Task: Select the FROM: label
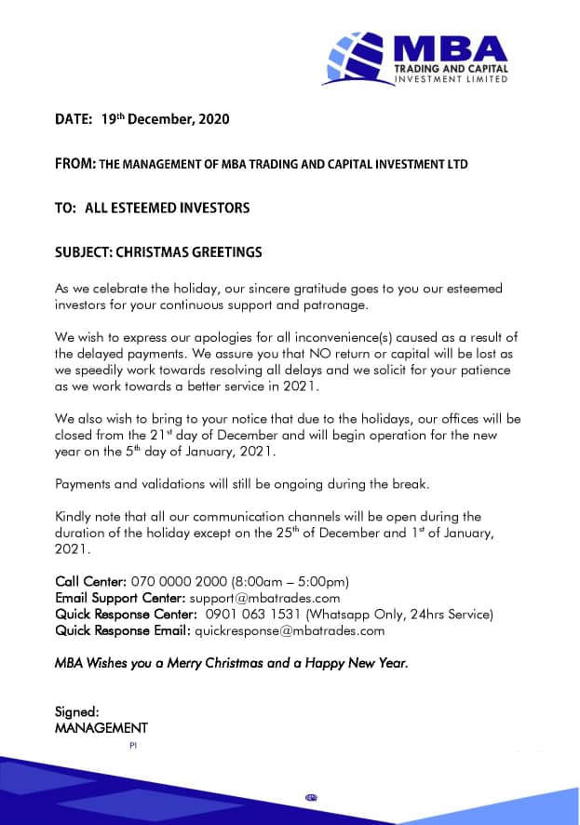coord(75,164)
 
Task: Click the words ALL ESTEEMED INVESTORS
coord(168,208)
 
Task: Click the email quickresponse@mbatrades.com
coord(290,630)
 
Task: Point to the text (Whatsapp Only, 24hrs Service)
coord(392,615)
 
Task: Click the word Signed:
coord(77,712)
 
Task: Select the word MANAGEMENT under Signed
coord(101,728)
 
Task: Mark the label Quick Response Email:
coord(122,630)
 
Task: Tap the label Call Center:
coord(90,582)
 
